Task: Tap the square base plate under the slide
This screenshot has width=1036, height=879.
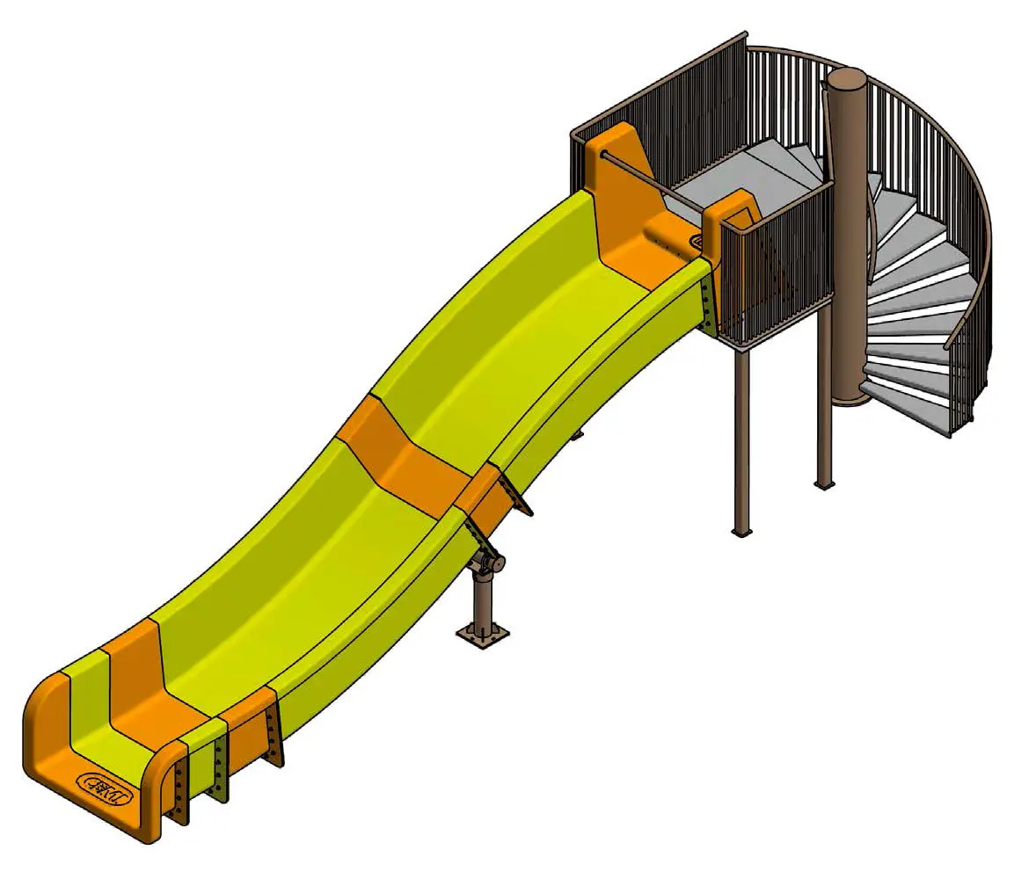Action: point(482,634)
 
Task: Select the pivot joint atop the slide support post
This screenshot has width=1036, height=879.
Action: point(485,563)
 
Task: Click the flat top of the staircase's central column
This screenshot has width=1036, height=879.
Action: point(845,78)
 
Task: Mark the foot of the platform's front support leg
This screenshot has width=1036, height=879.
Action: point(741,530)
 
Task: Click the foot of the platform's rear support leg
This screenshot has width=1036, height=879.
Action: point(824,483)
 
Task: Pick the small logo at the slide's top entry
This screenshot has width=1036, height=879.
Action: point(696,240)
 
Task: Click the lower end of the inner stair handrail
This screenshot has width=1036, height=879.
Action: point(947,346)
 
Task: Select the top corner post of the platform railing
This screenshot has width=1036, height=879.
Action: point(746,39)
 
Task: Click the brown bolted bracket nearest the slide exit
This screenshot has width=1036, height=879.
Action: point(180,791)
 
